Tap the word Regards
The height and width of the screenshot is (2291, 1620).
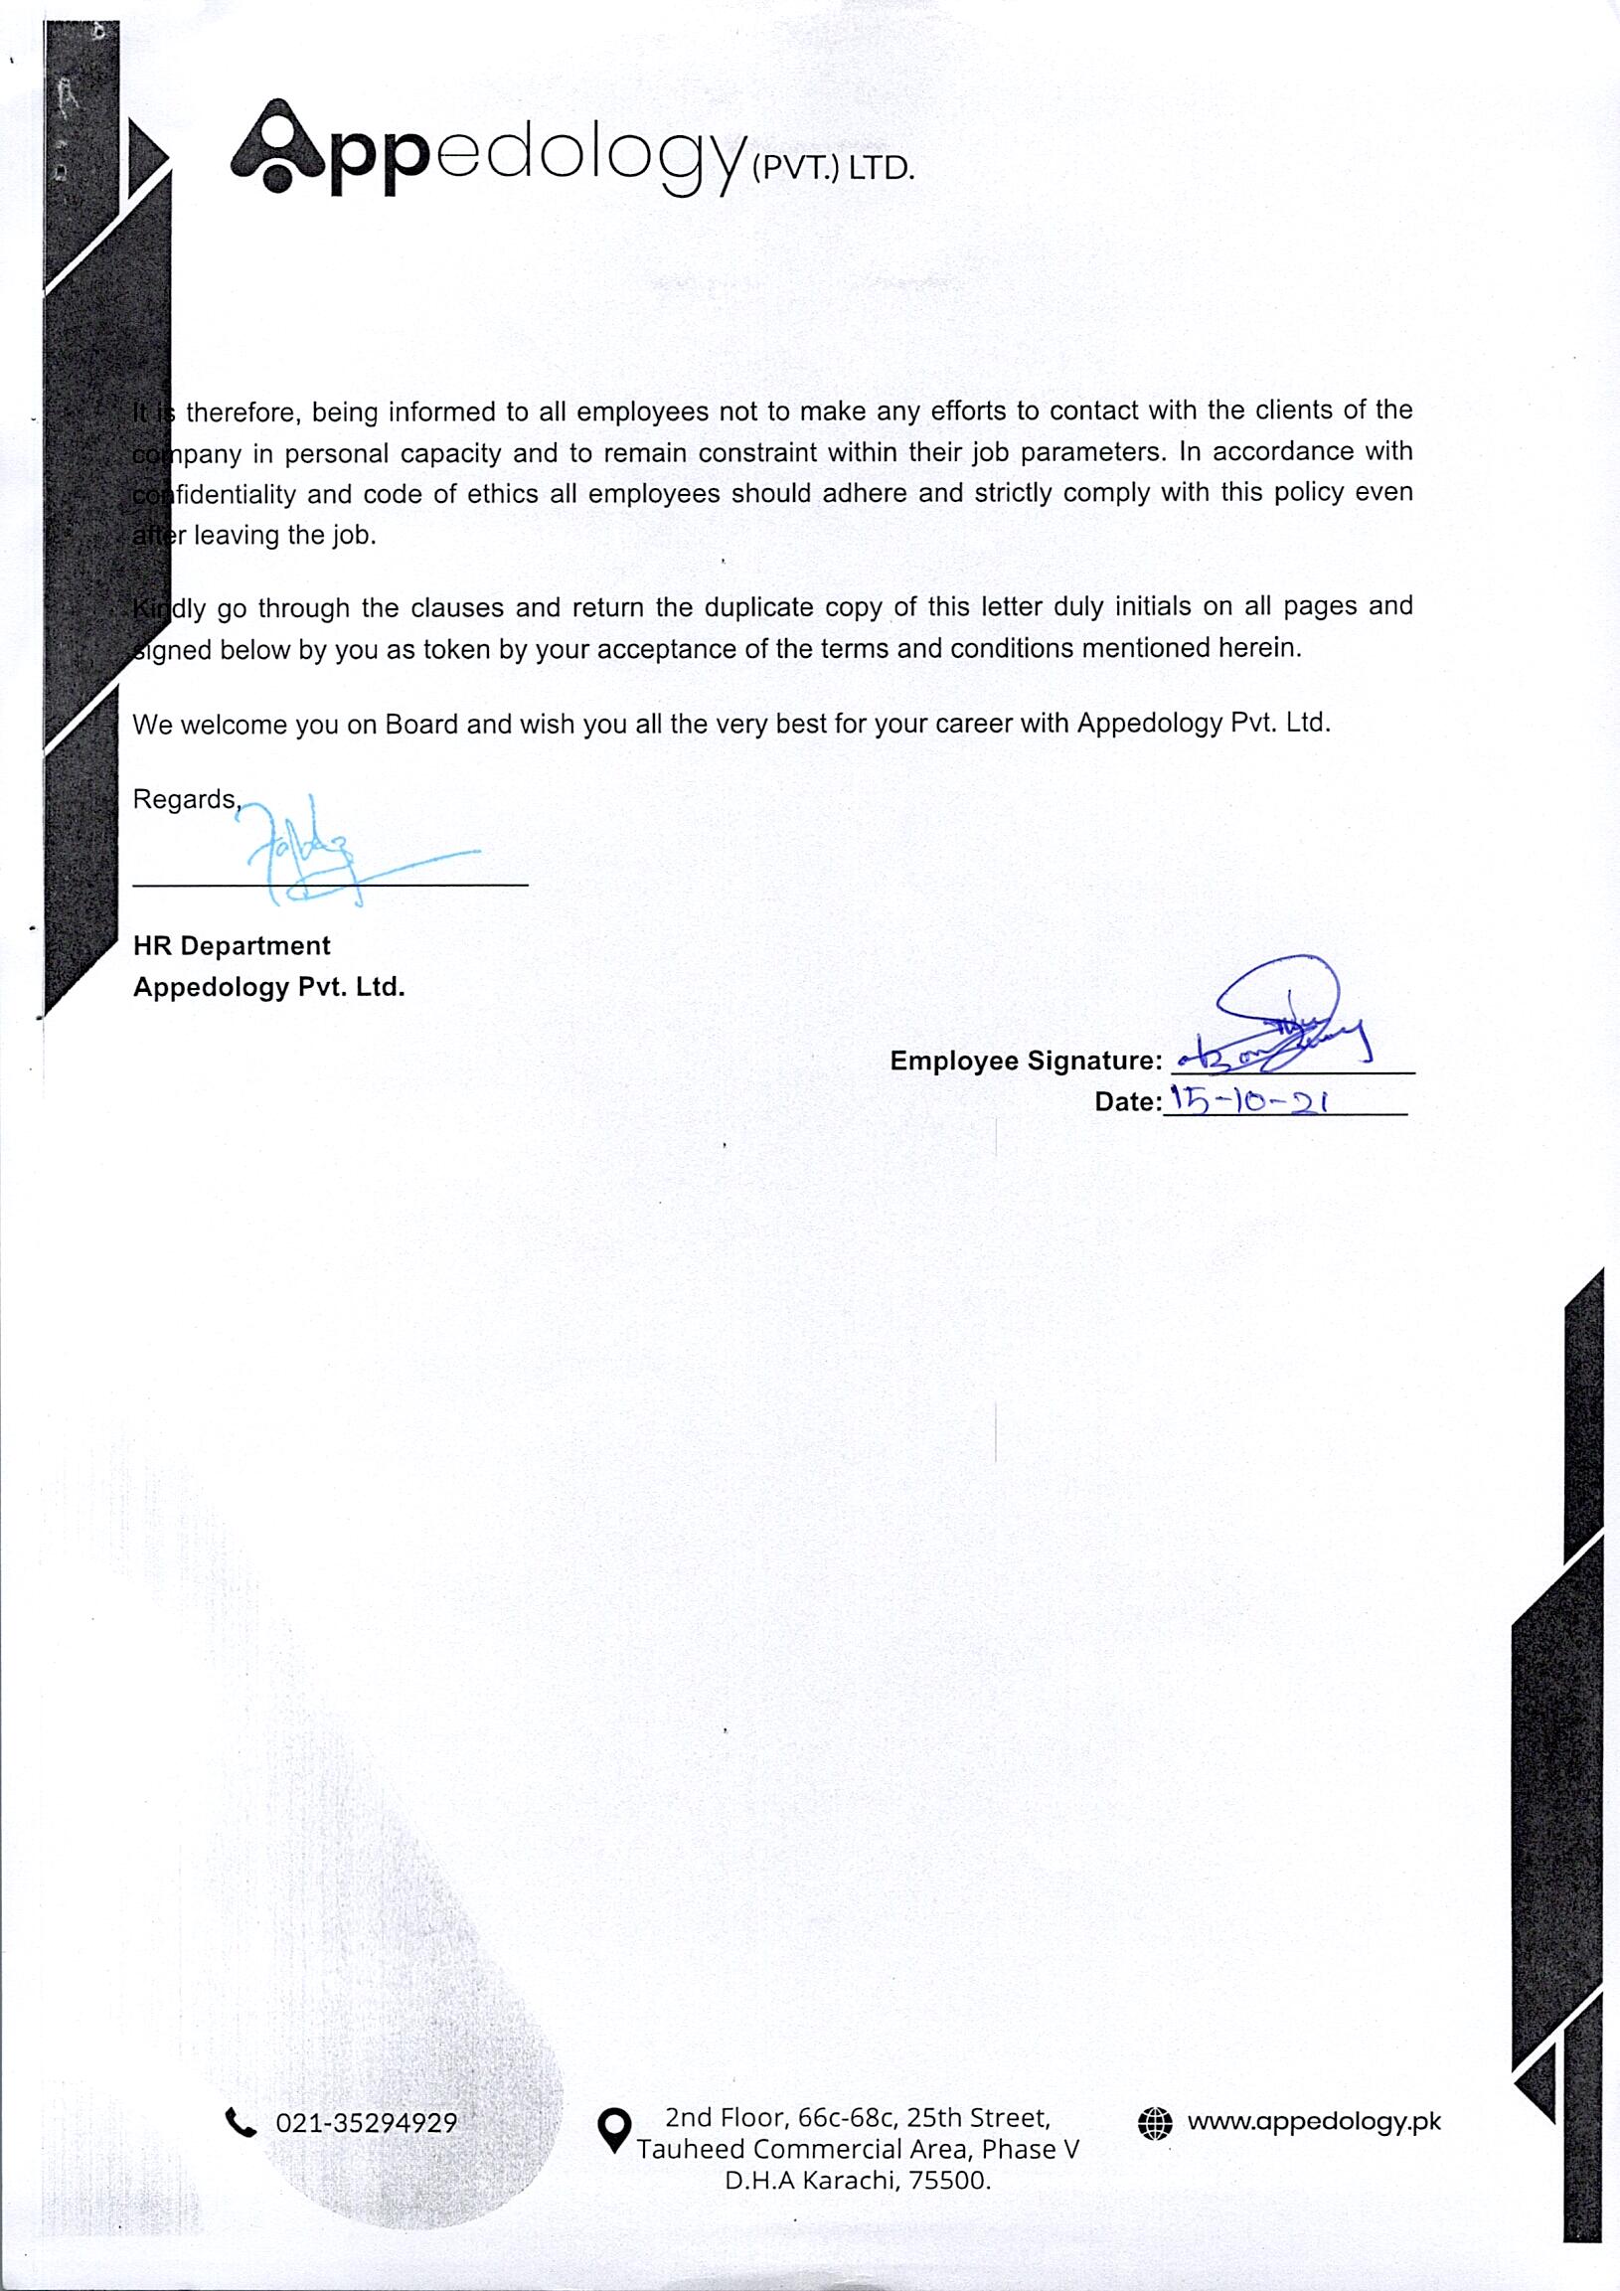(186, 799)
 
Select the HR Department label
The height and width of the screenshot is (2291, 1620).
(232, 945)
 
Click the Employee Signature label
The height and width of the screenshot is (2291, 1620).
(1026, 1061)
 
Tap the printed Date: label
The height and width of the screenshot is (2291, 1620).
(1128, 1101)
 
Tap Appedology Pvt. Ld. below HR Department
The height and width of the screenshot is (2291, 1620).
(269, 987)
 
